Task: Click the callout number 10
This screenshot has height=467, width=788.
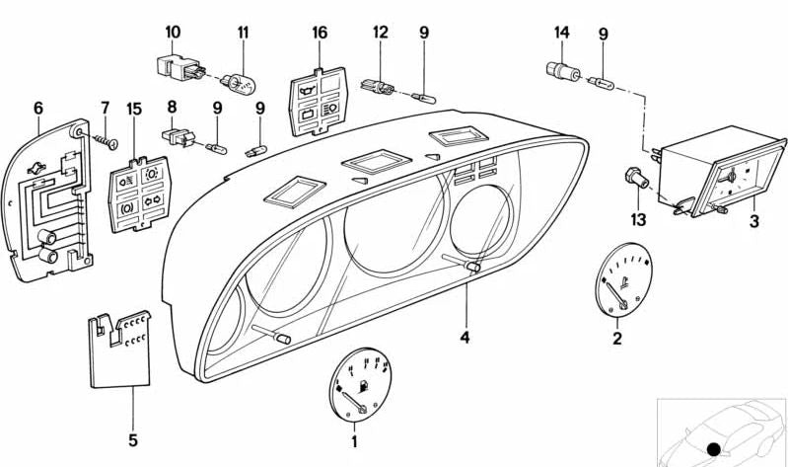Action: pyautogui.click(x=173, y=33)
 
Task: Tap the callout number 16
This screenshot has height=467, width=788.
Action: pyautogui.click(x=319, y=33)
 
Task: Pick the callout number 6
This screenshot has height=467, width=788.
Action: pyautogui.click(x=38, y=106)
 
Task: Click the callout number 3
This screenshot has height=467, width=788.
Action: pyautogui.click(x=754, y=222)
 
